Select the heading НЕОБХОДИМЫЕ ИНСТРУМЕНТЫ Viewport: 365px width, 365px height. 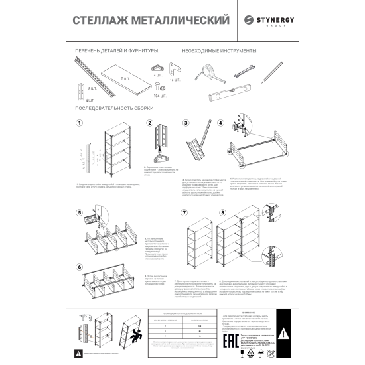pos(219,51)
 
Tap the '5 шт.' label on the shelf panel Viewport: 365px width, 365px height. pos(125,78)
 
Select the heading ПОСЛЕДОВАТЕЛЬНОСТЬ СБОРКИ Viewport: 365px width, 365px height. pos(114,108)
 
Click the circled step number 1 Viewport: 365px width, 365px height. pos(79,123)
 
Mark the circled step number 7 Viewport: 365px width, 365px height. pos(184,213)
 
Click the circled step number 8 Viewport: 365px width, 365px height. pos(223,213)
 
